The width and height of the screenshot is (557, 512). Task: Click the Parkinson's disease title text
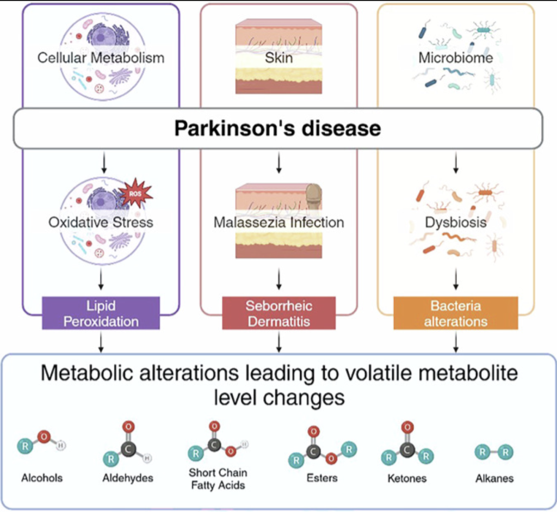click(x=277, y=128)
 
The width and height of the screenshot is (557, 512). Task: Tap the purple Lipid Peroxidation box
click(x=101, y=313)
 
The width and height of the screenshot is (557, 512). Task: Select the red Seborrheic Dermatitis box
click(x=279, y=313)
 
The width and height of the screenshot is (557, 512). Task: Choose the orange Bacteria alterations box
click(x=456, y=313)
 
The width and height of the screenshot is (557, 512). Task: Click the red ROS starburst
click(x=135, y=194)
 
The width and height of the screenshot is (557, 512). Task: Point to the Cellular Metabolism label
click(x=101, y=58)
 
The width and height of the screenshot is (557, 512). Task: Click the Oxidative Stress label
click(x=101, y=223)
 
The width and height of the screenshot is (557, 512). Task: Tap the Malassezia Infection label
click(x=279, y=223)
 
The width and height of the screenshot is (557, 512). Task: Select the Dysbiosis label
click(x=456, y=223)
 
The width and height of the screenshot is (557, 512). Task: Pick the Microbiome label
click(x=456, y=58)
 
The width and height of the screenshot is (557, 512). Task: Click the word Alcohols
click(x=42, y=478)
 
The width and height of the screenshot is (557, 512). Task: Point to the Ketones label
click(x=407, y=478)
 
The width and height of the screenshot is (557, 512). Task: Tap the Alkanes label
click(x=494, y=478)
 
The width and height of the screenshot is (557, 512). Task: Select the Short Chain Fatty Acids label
click(x=218, y=479)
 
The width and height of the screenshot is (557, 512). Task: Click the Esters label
click(x=322, y=478)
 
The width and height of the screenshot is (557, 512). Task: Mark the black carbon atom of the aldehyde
click(x=128, y=449)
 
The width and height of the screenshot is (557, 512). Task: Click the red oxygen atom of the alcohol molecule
click(x=44, y=436)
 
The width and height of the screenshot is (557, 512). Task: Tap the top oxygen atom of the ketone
click(x=407, y=427)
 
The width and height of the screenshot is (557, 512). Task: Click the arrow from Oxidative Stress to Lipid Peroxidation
click(x=101, y=279)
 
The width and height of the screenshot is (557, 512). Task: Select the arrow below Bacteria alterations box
click(x=456, y=342)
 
